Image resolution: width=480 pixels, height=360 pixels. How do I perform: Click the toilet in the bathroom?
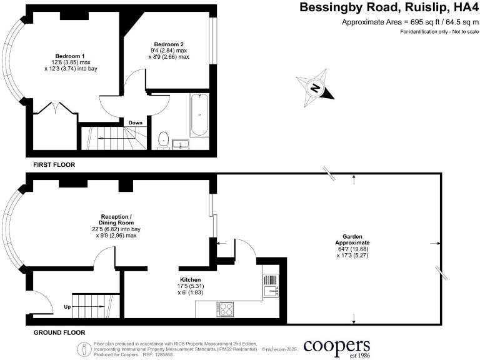click(164, 139)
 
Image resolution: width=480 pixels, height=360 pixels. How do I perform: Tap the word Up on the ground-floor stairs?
click(67, 307)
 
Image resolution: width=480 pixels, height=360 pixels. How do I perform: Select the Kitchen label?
click(190, 280)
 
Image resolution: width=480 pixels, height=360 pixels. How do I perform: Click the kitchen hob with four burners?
click(225, 308)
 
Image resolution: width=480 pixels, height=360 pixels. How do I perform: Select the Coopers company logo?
click(337, 347)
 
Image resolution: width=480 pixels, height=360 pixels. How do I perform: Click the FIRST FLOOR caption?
click(54, 165)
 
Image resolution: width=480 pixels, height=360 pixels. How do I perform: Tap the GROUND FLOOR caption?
click(59, 332)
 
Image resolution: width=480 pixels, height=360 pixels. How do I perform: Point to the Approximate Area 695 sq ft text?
click(410, 22)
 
